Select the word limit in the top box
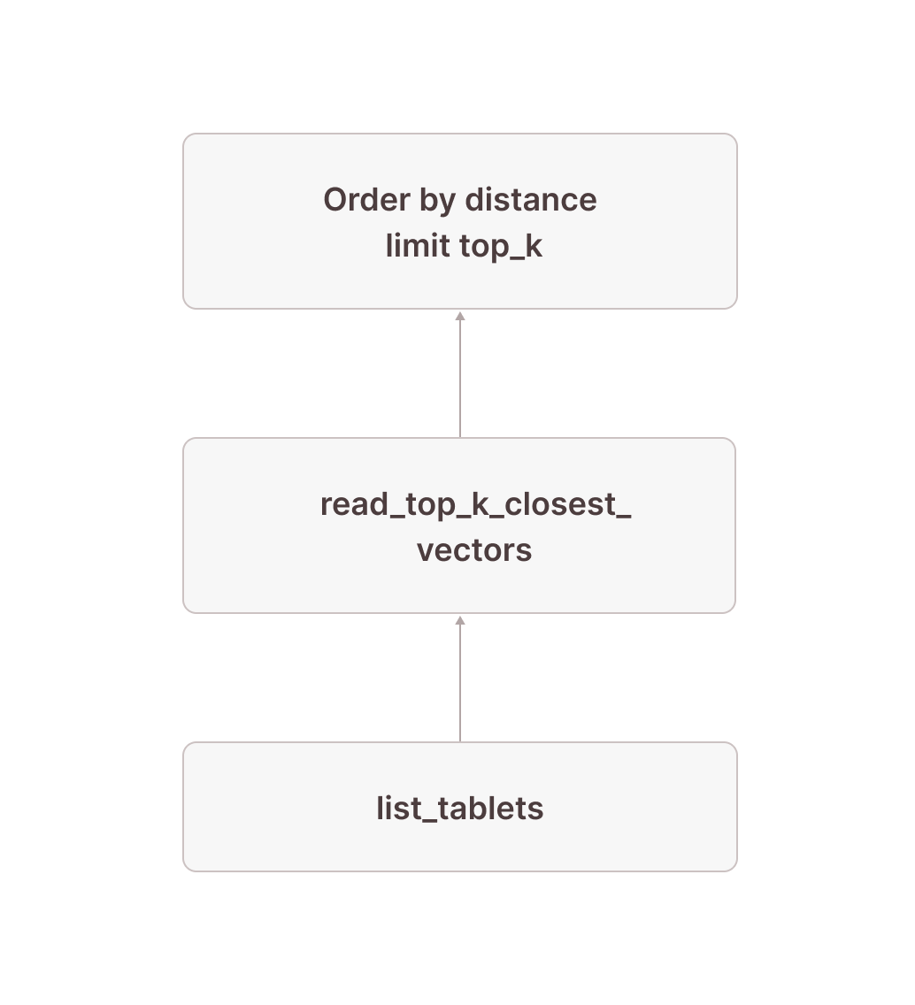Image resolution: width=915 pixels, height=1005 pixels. point(417,246)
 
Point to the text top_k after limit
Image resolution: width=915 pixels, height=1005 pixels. point(500,247)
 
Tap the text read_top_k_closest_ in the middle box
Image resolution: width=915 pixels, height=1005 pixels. point(475,505)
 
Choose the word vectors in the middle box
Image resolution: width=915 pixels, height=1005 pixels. point(474,550)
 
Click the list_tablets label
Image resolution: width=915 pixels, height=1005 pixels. point(459,809)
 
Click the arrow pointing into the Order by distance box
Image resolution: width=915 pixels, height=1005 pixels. point(460,375)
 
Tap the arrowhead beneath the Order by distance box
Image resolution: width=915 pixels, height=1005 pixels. point(460,316)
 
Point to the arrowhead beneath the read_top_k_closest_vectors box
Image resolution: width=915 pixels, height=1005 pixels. point(460,620)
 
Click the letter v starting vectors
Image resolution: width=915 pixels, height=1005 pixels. point(424,551)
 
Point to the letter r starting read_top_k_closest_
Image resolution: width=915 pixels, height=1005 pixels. point(326,505)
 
